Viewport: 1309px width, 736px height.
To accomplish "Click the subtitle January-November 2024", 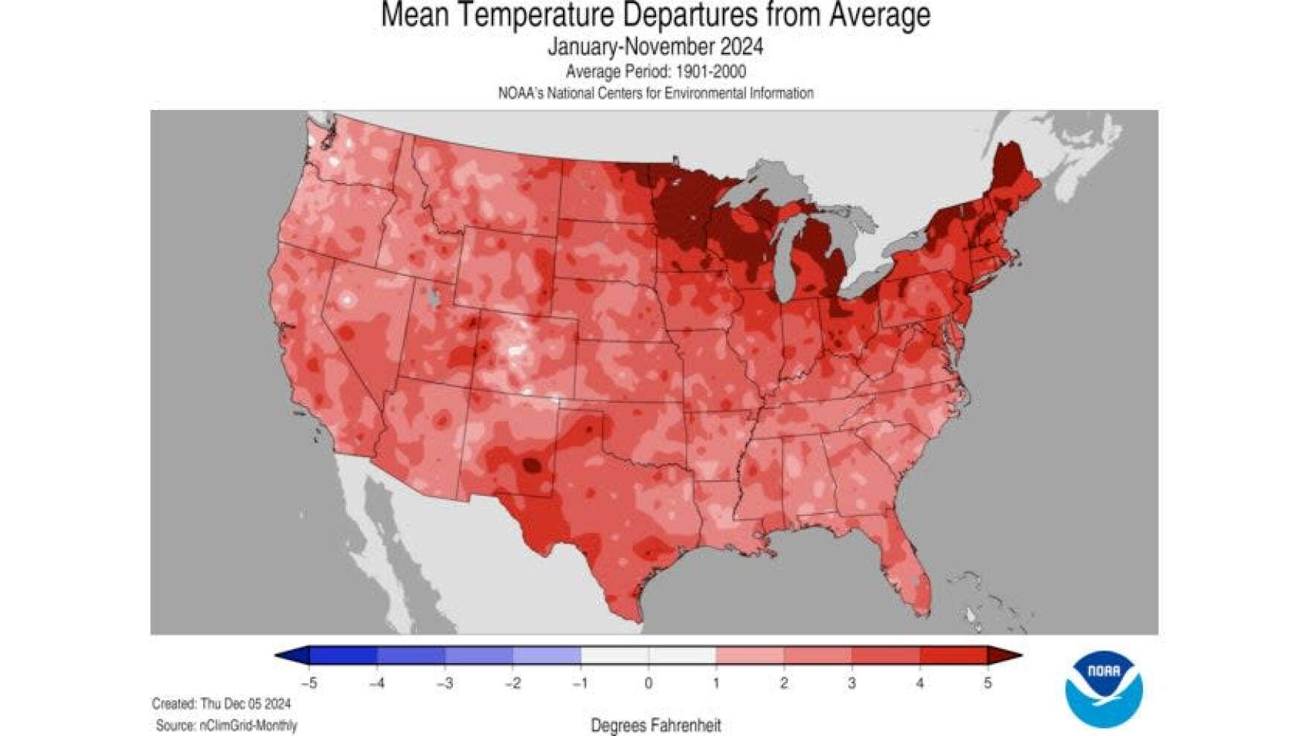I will [655, 47].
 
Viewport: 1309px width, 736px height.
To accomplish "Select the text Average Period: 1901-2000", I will [655, 71].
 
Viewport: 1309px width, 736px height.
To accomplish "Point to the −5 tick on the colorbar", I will [309, 682].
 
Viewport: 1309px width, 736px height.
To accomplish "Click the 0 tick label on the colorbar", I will [649, 682].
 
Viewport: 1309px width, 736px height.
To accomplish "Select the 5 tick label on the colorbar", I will [988, 682].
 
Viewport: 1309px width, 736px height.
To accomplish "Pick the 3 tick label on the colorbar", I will [852, 682].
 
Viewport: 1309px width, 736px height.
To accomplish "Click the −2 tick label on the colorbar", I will [512, 682].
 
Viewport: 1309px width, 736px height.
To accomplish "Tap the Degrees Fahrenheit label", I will [655, 725].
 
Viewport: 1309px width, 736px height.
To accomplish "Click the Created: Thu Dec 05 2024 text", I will [222, 703].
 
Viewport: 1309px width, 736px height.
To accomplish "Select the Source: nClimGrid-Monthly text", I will [226, 725].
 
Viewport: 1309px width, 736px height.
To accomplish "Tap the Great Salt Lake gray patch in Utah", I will [434, 297].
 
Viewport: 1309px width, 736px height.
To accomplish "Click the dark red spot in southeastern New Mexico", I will [531, 466].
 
